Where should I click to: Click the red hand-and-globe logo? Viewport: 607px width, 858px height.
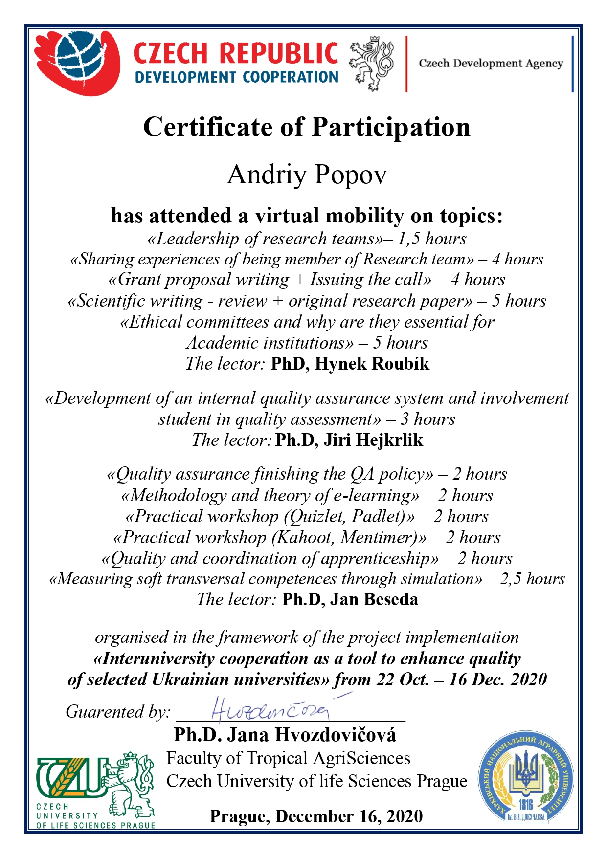78,62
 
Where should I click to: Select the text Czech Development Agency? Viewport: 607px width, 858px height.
491,64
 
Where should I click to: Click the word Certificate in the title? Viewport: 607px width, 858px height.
207,127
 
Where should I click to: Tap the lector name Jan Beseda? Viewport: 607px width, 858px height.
374,599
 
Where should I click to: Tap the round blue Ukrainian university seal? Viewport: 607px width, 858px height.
526,780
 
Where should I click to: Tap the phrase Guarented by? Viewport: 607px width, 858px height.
118,711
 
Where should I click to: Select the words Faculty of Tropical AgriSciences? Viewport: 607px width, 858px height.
288,758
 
